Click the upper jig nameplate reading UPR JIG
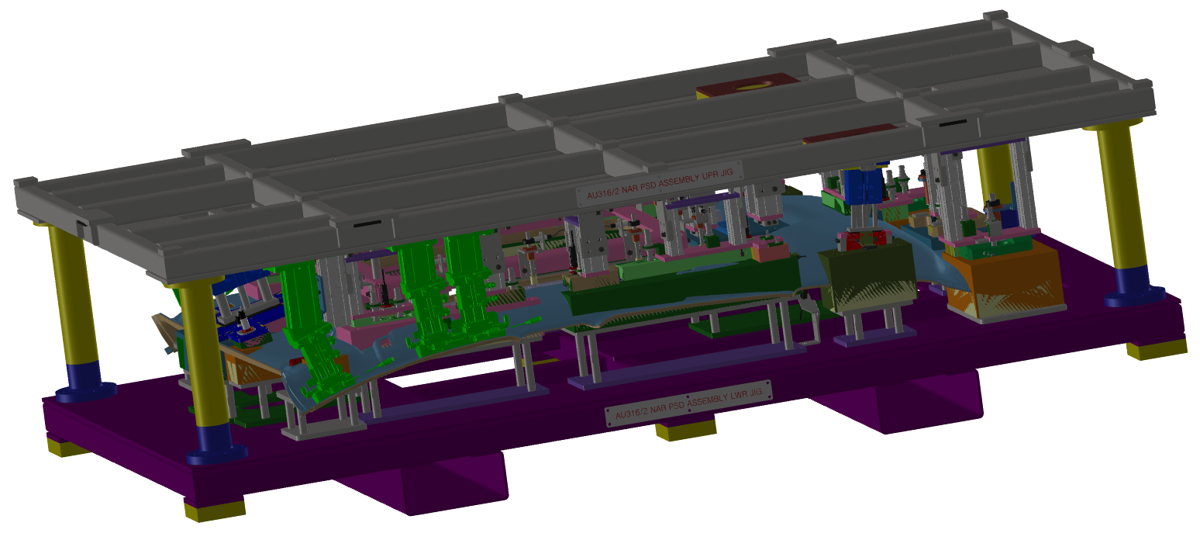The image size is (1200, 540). (660, 183)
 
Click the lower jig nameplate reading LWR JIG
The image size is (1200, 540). (688, 403)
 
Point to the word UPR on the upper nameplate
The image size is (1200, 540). (710, 175)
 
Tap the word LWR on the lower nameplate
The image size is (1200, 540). (738, 396)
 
